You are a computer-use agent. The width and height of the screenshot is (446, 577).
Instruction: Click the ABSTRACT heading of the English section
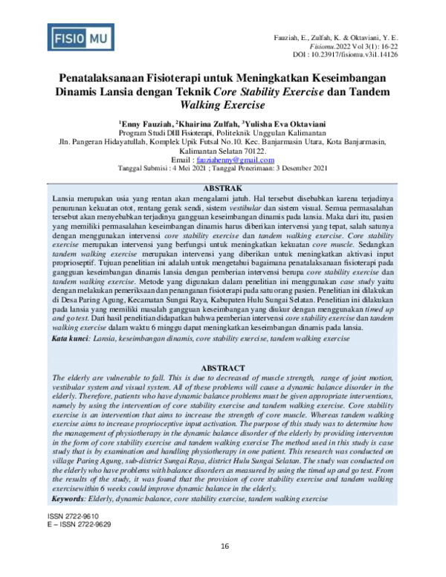click(223, 368)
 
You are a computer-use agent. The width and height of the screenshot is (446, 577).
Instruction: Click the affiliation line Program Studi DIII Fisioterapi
click(223, 133)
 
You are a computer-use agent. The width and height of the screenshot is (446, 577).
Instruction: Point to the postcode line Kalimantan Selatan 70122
click(223, 151)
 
